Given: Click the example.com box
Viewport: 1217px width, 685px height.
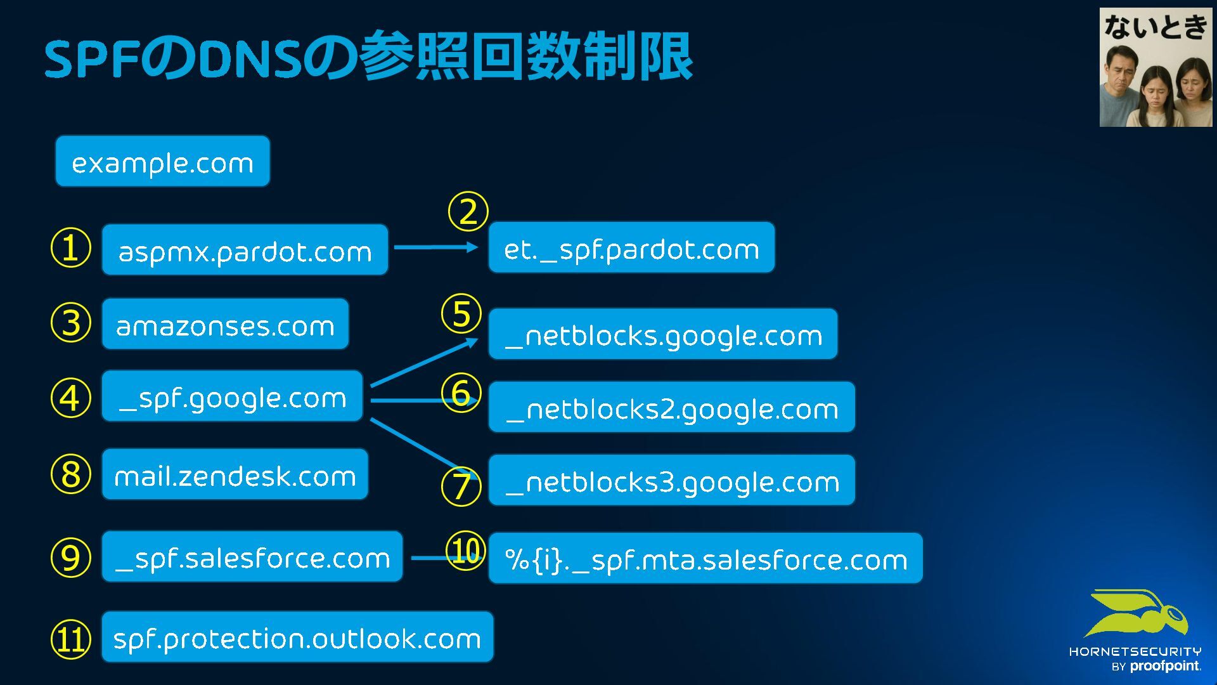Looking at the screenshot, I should coord(162,162).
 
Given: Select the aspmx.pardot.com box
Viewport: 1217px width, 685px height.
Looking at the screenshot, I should coord(245,250).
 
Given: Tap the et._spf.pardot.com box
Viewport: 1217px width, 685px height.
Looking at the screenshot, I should coord(631,248).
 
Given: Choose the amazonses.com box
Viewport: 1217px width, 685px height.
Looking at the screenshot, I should coord(225,324).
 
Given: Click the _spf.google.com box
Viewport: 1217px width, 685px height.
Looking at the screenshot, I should coord(232,396).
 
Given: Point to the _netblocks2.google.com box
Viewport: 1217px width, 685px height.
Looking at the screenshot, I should coord(671,407).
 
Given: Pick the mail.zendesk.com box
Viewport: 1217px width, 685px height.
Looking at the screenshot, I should coord(235,474).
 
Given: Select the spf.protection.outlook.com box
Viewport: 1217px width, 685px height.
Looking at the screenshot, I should coord(297,637).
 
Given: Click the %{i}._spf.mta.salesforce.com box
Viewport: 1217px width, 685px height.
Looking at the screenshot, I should coord(705,559).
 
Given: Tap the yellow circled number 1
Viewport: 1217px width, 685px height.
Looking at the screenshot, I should coord(70,248).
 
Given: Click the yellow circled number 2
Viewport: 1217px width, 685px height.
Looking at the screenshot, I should coord(468,212).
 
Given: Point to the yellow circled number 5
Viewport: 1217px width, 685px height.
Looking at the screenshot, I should coord(461,314).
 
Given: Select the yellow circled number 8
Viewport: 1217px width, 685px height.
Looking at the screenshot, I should coord(70,474).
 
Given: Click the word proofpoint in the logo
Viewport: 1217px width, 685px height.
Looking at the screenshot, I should coord(1164,666).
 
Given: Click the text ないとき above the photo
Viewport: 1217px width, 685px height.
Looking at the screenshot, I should coord(1156,27).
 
